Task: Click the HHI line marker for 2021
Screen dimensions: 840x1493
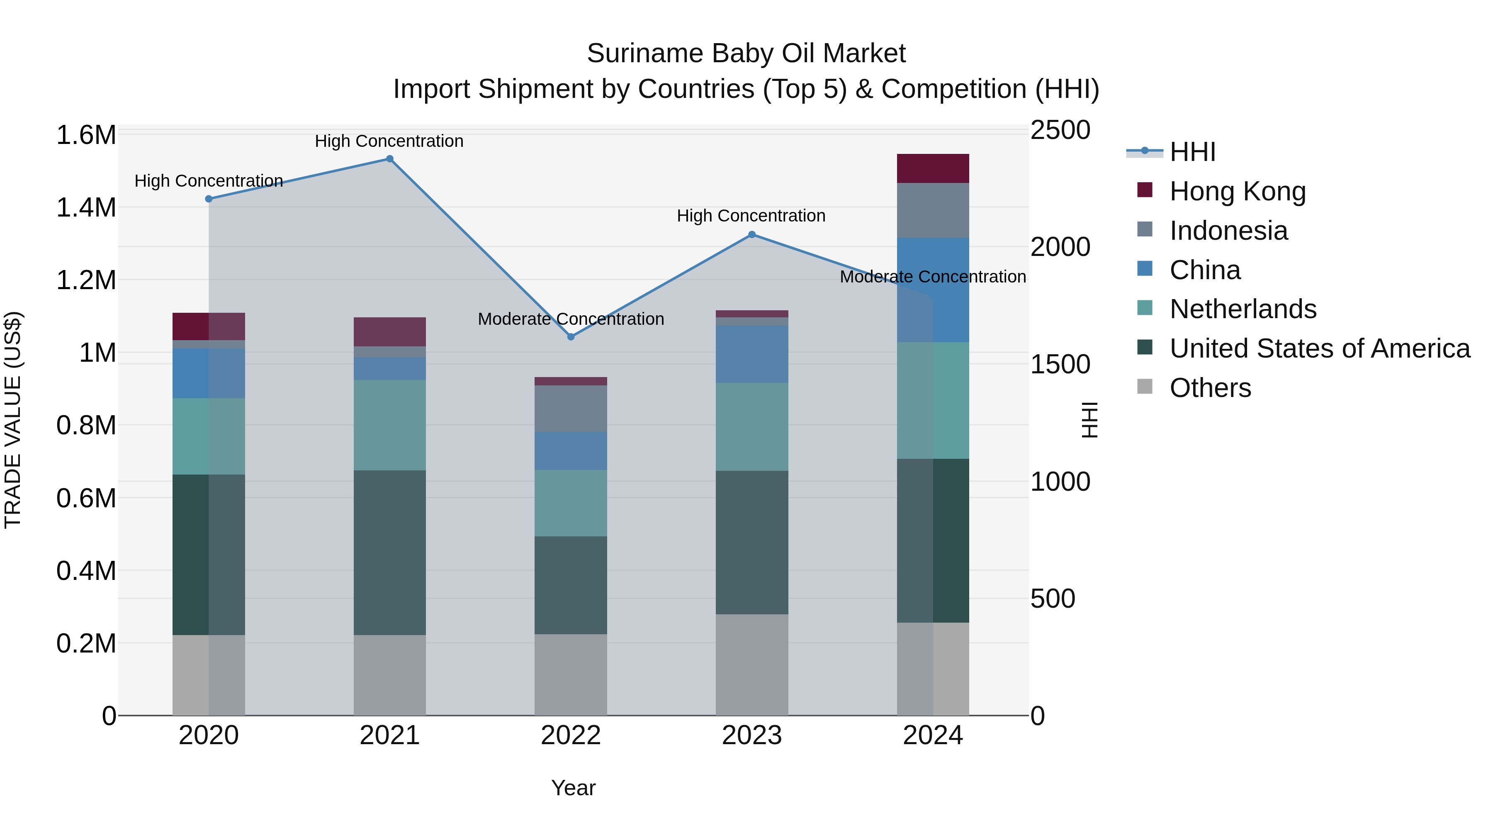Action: [x=389, y=159]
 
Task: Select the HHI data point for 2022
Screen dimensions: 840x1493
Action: [x=571, y=337]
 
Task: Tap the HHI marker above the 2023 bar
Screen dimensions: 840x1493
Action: [x=752, y=235]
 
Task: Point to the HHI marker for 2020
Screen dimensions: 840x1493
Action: [x=209, y=199]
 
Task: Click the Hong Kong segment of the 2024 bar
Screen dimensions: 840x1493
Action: [x=933, y=169]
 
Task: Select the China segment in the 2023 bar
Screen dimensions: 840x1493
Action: [x=752, y=354]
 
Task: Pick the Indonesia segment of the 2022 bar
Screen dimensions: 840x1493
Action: [x=571, y=409]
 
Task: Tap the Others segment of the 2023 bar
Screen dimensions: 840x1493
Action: [x=752, y=665]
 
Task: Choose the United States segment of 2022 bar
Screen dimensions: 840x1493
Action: [x=571, y=585]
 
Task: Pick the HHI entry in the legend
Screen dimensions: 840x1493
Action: [x=1192, y=152]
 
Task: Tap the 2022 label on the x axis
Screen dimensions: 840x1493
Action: [x=571, y=735]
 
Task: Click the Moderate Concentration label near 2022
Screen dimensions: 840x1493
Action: [x=571, y=319]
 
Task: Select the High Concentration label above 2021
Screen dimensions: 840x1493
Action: [x=389, y=141]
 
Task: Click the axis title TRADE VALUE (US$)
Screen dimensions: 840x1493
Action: [x=13, y=420]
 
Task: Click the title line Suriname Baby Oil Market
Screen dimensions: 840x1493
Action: [x=746, y=54]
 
